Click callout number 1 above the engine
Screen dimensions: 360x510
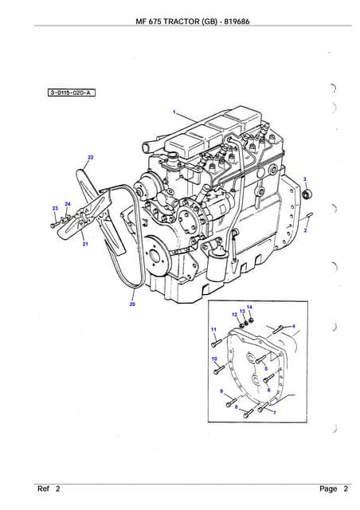click(x=174, y=112)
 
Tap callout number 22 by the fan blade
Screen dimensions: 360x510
click(x=91, y=158)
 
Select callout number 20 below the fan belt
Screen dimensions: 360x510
click(x=132, y=304)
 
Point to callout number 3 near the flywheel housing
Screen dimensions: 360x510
click(x=305, y=179)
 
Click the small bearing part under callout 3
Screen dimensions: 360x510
click(x=307, y=194)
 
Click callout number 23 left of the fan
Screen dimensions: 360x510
click(x=55, y=208)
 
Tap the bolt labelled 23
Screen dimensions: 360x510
click(x=55, y=225)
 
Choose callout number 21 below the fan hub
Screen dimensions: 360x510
click(x=85, y=244)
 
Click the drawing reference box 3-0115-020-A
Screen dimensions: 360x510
click(x=72, y=93)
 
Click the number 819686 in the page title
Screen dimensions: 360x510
click(x=237, y=22)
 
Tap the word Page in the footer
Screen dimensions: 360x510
click(x=328, y=488)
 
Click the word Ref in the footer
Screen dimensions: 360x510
click(x=43, y=488)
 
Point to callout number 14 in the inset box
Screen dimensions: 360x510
click(x=249, y=307)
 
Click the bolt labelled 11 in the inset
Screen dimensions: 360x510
click(x=217, y=343)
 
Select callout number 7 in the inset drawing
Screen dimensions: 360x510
click(x=274, y=413)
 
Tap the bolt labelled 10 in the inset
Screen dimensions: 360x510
click(x=220, y=370)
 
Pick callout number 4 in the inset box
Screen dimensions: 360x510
click(x=294, y=326)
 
